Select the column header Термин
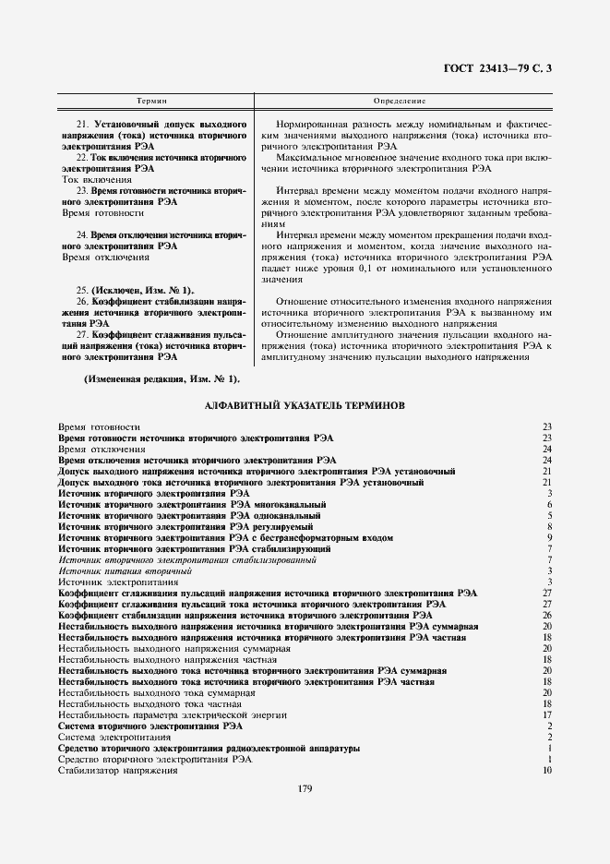pos(150,99)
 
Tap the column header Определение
pos(400,99)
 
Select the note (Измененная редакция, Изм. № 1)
pos(149,378)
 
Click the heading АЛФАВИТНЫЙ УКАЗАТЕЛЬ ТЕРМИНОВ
pos(304,404)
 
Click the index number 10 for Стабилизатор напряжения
pos(546,770)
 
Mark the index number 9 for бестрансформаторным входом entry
pos(549,537)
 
